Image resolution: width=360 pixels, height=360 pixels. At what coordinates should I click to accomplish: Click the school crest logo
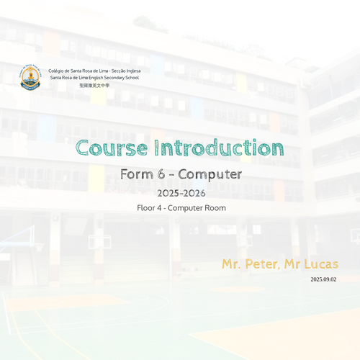coord(30,77)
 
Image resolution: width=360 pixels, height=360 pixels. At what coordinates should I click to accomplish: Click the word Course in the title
coord(112,148)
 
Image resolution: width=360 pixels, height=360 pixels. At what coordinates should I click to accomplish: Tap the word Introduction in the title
coord(219,148)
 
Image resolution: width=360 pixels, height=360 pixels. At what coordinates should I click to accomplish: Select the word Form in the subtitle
coord(137,174)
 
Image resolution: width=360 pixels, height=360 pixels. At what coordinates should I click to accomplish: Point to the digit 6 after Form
coord(161,174)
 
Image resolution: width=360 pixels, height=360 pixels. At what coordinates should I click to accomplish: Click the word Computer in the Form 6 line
coord(210,175)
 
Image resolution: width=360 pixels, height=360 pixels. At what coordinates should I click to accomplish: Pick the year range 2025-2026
coord(181,193)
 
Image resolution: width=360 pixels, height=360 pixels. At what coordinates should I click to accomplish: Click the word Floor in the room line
coord(146,208)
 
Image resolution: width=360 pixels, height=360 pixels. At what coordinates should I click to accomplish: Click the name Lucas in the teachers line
coord(321,264)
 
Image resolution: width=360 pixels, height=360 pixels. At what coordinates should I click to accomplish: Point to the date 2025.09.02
coord(323,279)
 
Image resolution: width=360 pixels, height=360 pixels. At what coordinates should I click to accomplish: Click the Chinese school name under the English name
coord(94,86)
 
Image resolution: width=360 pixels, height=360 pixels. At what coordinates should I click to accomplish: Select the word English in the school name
coord(96,78)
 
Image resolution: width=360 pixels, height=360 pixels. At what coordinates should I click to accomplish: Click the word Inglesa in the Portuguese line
coord(133,71)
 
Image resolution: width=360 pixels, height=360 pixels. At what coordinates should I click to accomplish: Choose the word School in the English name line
coord(132,78)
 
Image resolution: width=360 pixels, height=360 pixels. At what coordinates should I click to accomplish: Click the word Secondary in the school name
coord(114,78)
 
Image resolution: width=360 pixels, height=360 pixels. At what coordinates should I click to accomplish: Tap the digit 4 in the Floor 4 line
coord(159,208)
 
